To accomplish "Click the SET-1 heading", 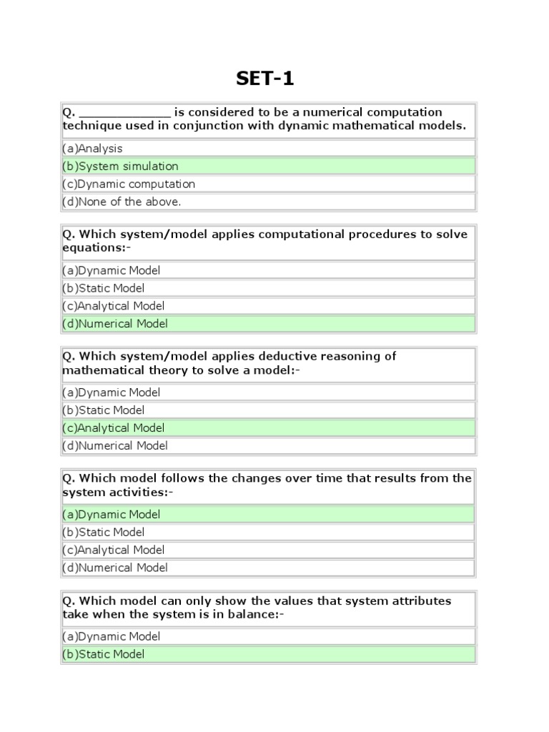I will coord(265,79).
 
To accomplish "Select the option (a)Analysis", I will coord(92,149).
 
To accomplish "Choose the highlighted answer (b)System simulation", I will coord(120,167).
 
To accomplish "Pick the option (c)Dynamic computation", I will coord(128,184).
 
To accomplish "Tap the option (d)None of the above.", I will coord(122,202).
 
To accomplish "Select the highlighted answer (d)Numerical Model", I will coord(115,324).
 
